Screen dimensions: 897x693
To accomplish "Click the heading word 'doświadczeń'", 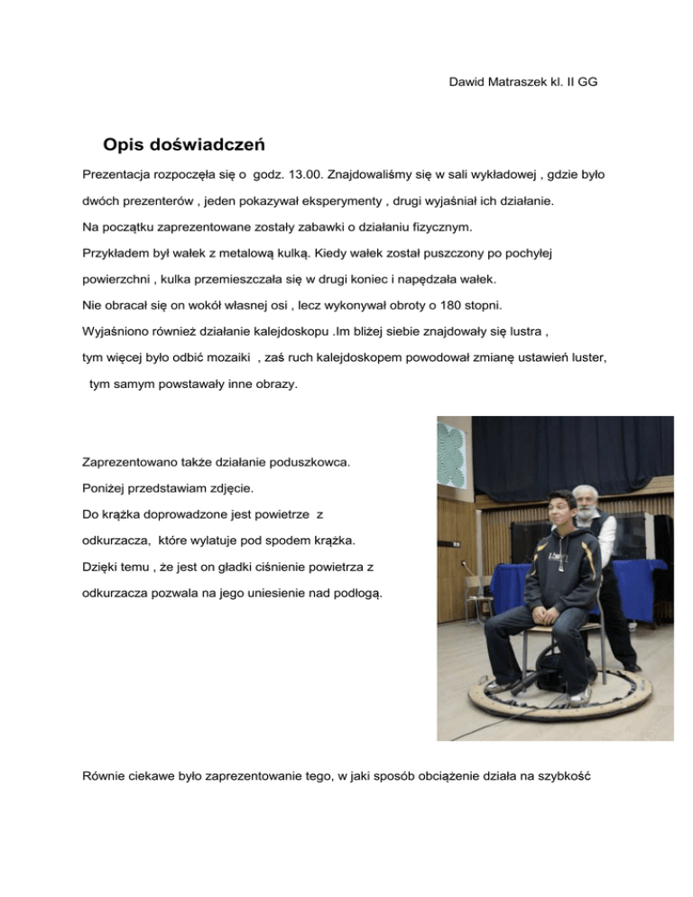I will point(207,144).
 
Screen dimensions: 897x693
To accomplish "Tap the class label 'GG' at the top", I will point(587,82).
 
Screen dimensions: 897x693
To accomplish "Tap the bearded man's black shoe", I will point(633,668).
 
